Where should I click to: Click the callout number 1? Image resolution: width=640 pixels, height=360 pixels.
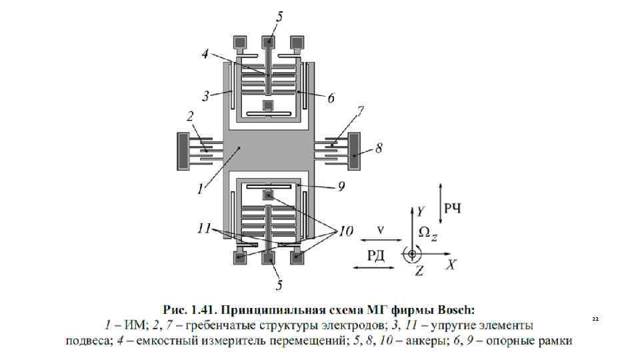tap(200, 189)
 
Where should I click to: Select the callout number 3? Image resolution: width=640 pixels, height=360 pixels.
tap(207, 97)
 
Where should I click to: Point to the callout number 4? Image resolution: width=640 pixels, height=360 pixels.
tap(207, 53)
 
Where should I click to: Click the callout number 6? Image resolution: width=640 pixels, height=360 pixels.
tap(331, 97)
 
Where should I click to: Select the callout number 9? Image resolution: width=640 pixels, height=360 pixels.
tap(341, 187)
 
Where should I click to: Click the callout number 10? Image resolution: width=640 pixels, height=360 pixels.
tap(345, 232)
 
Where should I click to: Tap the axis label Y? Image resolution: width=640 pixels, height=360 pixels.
tap(420, 213)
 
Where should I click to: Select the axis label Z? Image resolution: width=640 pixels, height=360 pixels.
tap(419, 270)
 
